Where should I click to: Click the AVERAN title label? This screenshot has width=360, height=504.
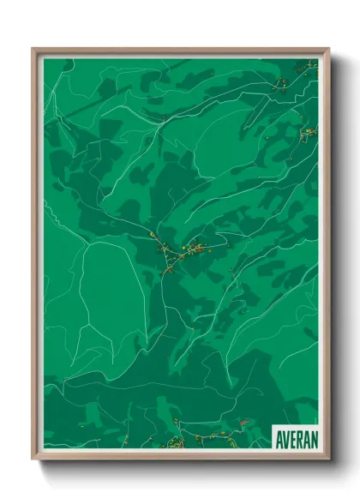[x=295, y=437]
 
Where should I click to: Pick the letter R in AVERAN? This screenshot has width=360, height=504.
[x=299, y=437]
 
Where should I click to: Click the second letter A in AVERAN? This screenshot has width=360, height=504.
[x=306, y=437]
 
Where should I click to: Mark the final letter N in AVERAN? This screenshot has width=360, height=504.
[x=313, y=437]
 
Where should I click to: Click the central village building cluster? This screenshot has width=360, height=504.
[x=190, y=250]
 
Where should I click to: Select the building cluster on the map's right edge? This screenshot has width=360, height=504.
[x=309, y=131]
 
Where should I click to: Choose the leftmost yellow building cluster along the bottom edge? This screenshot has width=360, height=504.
[x=176, y=442]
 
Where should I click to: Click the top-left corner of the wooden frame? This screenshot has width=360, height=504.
[x=33, y=49]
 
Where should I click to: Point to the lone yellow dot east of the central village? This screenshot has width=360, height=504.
[x=231, y=272]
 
